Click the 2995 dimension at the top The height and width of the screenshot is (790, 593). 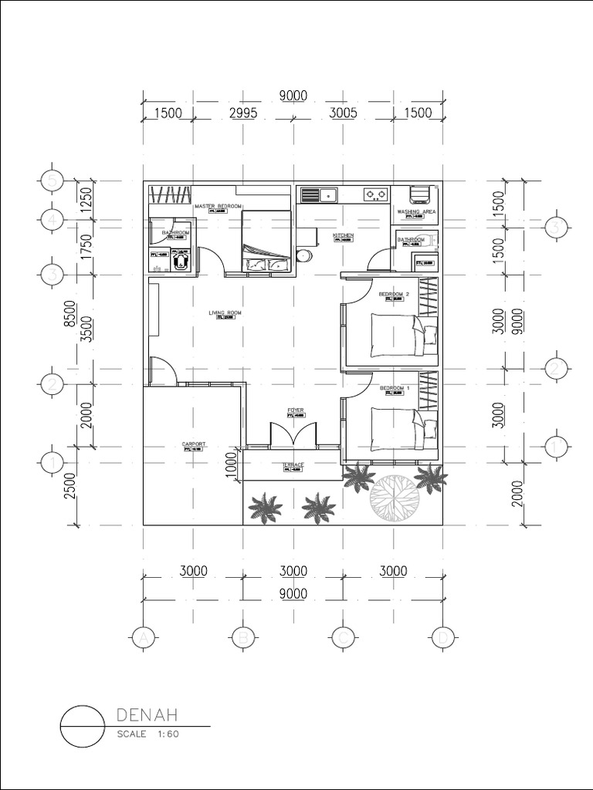pos(242,113)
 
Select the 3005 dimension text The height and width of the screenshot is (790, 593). pos(344,113)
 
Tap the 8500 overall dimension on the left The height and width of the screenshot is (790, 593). pos(69,315)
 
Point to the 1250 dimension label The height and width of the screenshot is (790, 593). pos(86,201)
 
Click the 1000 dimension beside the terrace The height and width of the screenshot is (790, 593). pos(231,466)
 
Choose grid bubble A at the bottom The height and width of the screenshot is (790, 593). pos(142,637)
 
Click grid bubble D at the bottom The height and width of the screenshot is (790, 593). pos(442,637)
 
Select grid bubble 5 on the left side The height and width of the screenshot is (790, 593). pos(52,181)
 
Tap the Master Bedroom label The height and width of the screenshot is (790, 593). pos(219,207)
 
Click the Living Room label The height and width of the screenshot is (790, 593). pos(225,312)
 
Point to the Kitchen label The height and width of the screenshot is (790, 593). pos(344,235)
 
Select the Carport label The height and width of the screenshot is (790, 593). pos(193,444)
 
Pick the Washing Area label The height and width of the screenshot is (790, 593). pos(417,211)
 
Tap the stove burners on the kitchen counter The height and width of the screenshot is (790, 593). pos(376,194)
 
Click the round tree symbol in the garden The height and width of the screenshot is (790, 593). pos(395,494)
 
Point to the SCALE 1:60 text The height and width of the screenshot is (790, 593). pos(147,734)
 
